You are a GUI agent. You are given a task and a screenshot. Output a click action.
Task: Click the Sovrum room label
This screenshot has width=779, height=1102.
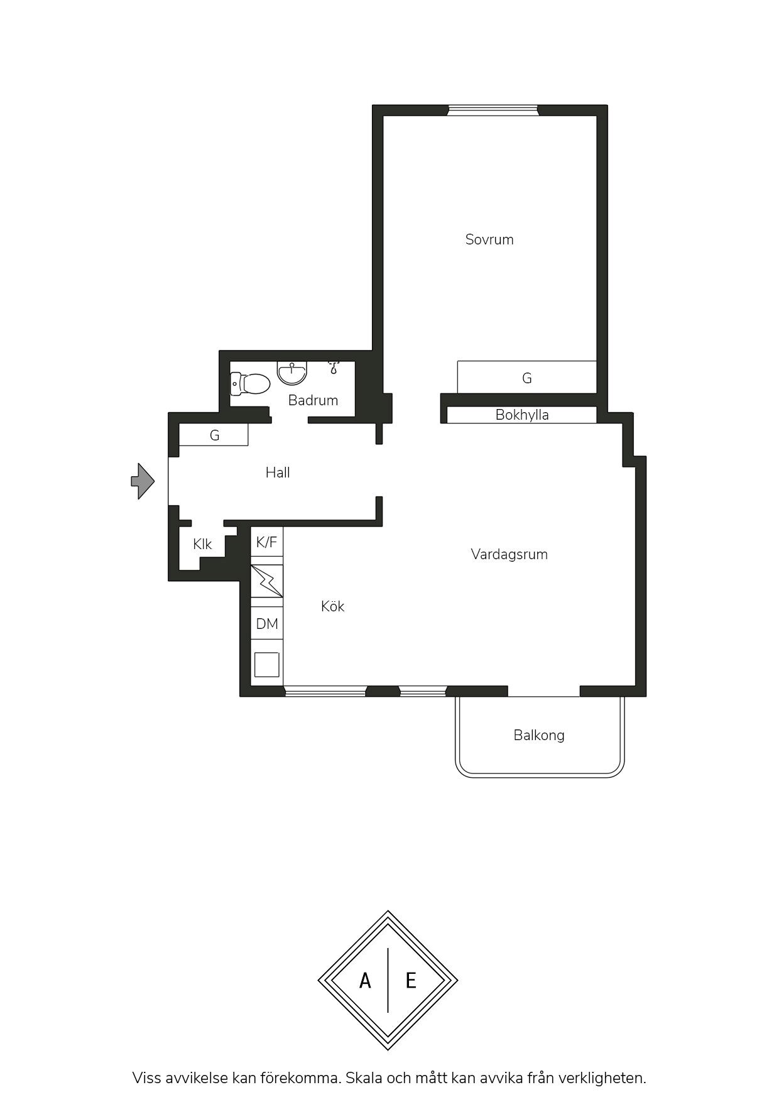coord(489,239)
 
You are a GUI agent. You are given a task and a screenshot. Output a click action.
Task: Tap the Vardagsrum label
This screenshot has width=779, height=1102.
coord(509,554)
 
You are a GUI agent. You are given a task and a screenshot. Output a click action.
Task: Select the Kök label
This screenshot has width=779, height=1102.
coord(332,606)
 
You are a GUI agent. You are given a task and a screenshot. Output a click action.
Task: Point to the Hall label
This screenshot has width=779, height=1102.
coord(278,472)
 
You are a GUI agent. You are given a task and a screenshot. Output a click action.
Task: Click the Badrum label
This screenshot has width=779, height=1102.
coord(313,400)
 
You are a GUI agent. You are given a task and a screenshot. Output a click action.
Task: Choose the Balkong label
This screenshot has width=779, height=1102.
coord(539,736)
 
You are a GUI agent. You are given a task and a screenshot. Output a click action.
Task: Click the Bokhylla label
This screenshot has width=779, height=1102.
coord(522,415)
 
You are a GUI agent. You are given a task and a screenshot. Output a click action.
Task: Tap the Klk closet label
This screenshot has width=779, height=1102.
coord(202,544)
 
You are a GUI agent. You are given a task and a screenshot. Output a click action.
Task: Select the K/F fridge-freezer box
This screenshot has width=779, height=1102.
coord(267,542)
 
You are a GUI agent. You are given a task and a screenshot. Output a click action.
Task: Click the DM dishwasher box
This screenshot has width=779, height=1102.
coord(267,624)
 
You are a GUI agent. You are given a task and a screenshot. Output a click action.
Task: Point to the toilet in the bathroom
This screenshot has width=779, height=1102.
coord(249,383)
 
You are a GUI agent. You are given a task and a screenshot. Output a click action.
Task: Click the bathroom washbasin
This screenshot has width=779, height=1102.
coord(292,373)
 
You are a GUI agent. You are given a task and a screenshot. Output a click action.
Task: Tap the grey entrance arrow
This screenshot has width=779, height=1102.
coord(143,481)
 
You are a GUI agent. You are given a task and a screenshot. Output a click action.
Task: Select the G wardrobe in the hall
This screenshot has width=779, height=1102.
coord(214,435)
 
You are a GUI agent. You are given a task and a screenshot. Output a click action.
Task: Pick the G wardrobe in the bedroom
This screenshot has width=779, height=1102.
coord(526,378)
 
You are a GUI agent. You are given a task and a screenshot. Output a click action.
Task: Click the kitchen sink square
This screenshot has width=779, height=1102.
coord(266,665)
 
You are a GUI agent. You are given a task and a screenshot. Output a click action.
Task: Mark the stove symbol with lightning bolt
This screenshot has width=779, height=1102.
coord(267,581)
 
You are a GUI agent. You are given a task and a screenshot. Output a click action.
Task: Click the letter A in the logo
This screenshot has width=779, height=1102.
coord(365,981)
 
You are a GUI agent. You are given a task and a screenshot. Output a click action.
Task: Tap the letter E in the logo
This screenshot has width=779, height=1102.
coord(411,981)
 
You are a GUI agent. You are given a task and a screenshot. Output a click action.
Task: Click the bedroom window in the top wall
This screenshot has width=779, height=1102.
coord(493,111)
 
